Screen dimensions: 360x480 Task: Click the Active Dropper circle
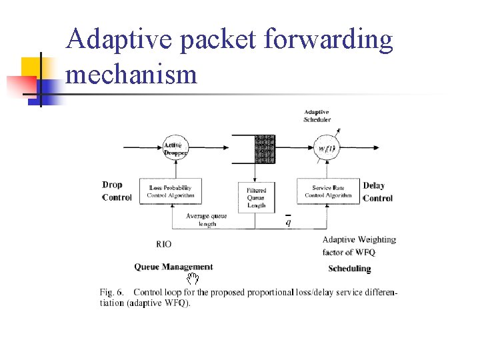173,149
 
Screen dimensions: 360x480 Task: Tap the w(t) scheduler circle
326,149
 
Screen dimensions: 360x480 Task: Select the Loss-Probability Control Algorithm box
172,191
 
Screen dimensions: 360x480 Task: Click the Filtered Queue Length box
256,197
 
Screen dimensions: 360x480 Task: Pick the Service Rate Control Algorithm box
328,191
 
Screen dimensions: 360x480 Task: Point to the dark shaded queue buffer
265,149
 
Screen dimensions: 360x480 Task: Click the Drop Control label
117,191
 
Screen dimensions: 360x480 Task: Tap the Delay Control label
377,191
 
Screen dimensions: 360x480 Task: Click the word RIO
163,245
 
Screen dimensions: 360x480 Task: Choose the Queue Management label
173,267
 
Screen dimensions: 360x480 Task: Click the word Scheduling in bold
349,269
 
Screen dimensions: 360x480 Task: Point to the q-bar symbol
288,221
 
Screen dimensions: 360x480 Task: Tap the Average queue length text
207,220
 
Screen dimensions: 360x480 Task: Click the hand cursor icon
193,277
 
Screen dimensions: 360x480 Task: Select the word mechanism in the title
132,73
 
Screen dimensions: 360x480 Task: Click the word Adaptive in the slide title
117,40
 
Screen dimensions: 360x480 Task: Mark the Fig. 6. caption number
113,292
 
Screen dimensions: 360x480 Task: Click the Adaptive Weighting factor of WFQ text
359,245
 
